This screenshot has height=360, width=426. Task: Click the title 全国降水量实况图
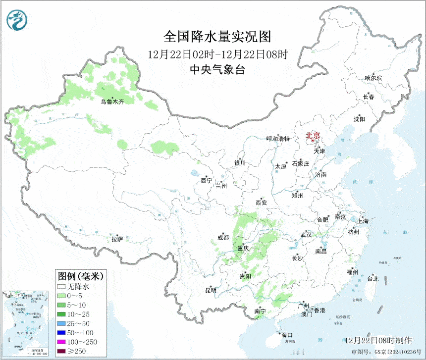point(217,37)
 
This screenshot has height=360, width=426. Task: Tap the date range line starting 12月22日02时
point(217,53)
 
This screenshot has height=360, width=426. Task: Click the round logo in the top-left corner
point(17,20)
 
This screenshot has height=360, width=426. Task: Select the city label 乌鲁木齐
point(112,102)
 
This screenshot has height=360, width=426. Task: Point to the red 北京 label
point(313,135)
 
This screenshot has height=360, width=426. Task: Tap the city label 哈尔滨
point(373,78)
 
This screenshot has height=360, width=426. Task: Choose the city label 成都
point(223,238)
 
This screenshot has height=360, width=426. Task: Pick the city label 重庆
point(243,248)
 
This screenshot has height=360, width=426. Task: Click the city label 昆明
point(211,290)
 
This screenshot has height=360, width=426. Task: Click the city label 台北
point(372,279)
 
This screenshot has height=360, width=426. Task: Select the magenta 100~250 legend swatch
point(62,342)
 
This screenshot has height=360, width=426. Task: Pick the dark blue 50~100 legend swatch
point(62,333)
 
